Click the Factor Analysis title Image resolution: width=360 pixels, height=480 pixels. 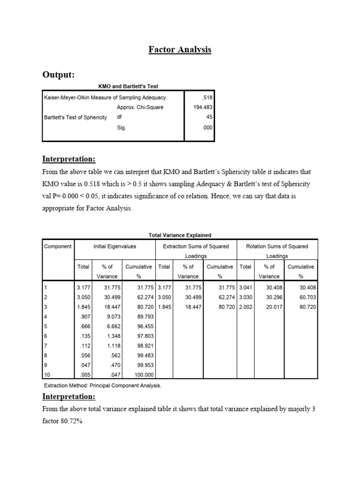[180, 49]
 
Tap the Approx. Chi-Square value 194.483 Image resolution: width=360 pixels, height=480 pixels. [202, 107]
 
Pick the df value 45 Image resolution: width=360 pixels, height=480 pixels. [209, 117]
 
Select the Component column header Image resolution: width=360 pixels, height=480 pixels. [58, 247]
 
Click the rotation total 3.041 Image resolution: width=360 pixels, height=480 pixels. [245, 287]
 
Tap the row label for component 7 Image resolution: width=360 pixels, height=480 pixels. [45, 345]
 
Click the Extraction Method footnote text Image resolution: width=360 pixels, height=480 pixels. [103, 385]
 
